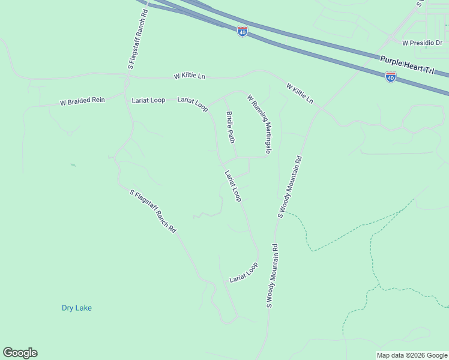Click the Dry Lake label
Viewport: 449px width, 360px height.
tap(77, 308)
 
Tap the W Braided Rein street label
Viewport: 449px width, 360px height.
tap(82, 101)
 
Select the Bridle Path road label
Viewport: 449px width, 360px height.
tap(230, 127)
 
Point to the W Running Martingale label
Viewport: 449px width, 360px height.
tap(259, 124)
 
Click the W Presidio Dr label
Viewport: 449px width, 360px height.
tap(421, 43)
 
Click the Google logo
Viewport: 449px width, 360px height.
tap(20, 353)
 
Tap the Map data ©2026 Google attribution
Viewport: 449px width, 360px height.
tap(412, 355)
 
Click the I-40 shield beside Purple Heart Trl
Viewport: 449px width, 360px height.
tap(390, 77)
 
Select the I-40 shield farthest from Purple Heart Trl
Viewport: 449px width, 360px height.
tap(243, 32)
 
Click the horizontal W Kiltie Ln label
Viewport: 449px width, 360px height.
tap(189, 77)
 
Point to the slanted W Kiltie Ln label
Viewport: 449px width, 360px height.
tap(300, 93)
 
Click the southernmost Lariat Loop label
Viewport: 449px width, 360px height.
tap(244, 272)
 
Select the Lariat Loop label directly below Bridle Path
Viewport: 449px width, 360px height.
tap(232, 185)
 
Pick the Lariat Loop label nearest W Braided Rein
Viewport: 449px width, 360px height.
tap(148, 100)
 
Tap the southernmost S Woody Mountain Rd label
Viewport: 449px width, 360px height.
tap(272, 276)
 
